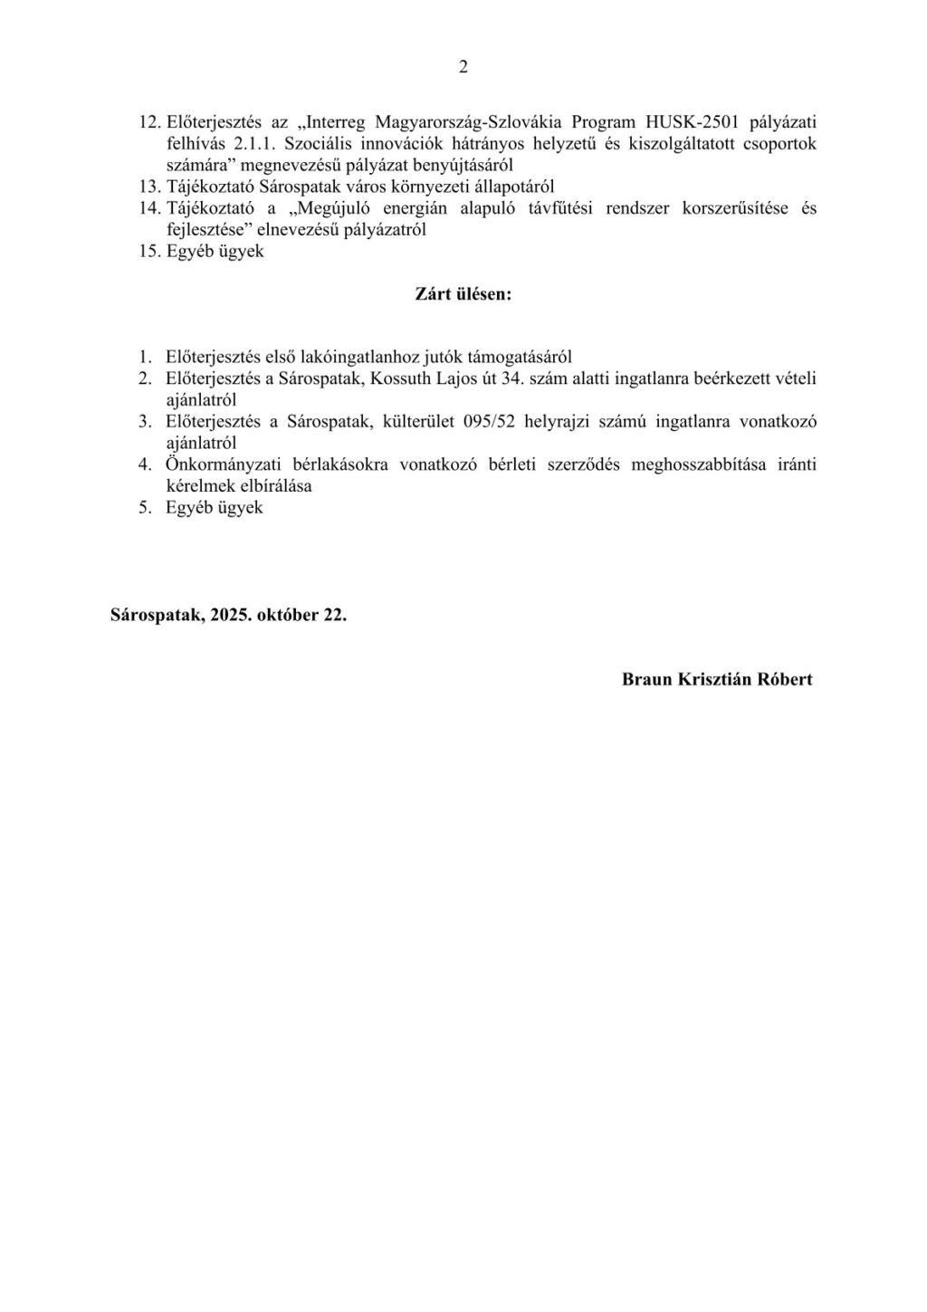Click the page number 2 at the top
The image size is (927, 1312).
463,67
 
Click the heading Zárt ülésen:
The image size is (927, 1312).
463,294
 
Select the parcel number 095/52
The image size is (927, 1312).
492,422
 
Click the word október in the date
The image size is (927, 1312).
288,614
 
